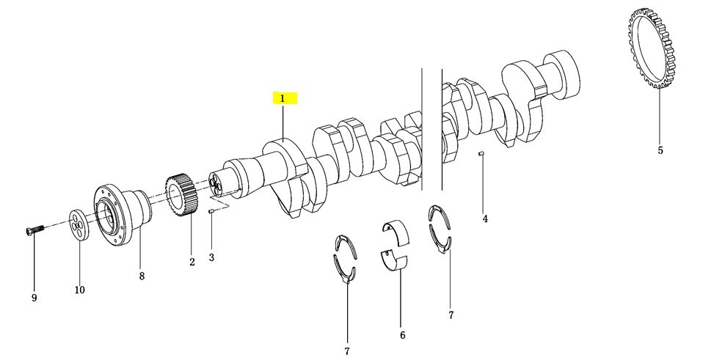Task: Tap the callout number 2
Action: click(192, 262)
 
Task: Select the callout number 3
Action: click(211, 257)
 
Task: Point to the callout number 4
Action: click(484, 219)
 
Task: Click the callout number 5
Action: click(660, 150)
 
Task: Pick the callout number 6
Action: click(402, 335)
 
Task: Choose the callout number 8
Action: click(142, 276)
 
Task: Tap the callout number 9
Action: click(34, 298)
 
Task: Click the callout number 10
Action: click(79, 290)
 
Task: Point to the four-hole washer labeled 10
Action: click(79, 224)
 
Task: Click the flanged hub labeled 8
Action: click(121, 216)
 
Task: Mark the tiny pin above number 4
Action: click(481, 155)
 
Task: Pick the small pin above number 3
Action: click(212, 210)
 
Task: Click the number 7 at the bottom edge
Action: click(346, 351)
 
